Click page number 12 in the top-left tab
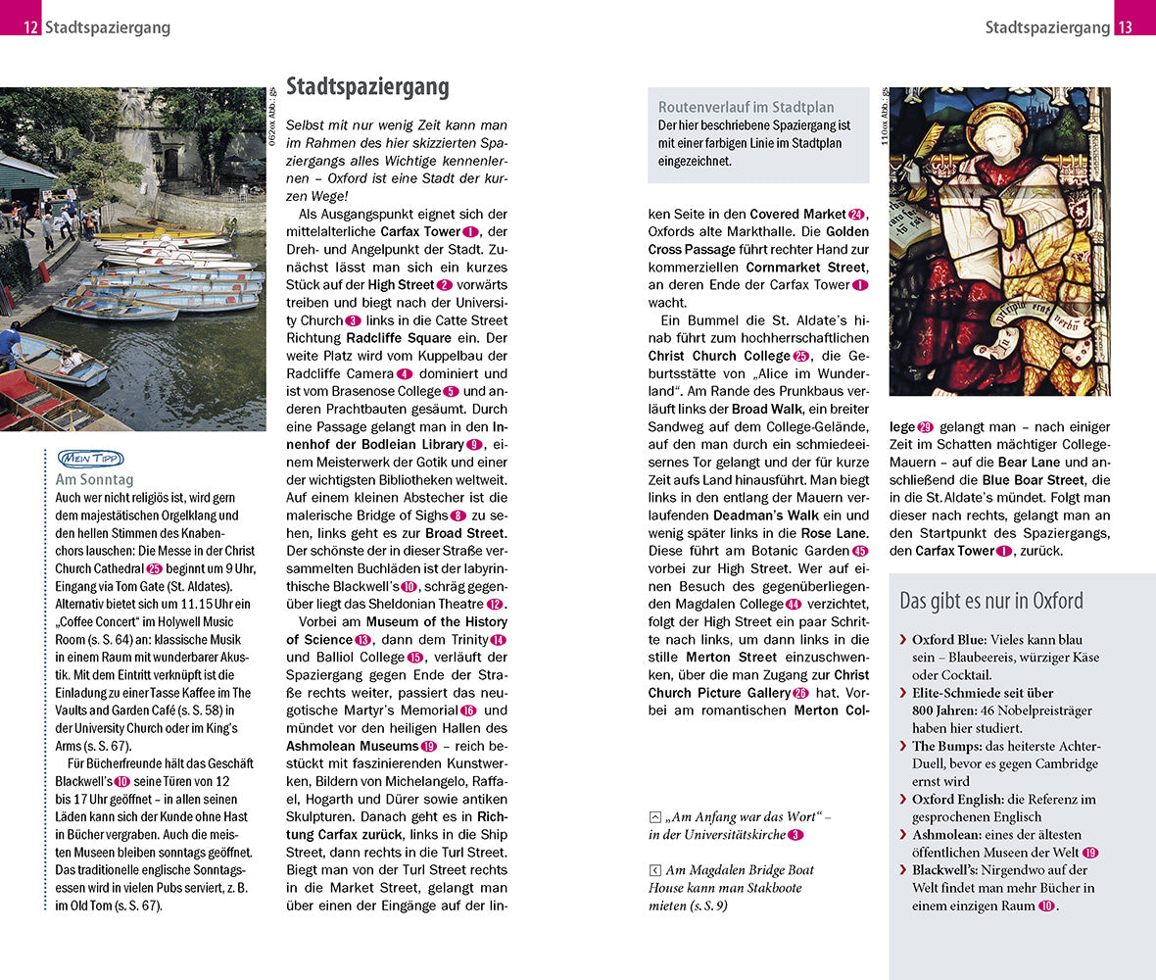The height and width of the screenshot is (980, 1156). point(31,27)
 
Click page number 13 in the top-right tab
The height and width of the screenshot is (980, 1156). point(1125,27)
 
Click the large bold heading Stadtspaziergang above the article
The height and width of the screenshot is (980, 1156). point(367,87)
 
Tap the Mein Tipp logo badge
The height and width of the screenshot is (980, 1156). point(91,459)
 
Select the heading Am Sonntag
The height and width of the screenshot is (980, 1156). point(95,480)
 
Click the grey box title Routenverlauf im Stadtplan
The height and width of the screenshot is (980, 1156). point(747,107)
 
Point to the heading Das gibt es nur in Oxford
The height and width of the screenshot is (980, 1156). point(991,601)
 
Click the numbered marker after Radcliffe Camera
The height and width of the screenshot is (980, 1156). point(405,373)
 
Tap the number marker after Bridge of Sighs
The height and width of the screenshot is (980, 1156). point(458,515)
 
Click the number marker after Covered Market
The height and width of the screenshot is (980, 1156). point(857,214)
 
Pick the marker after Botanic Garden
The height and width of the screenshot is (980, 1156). point(860,551)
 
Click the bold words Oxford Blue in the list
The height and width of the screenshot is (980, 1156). point(948,639)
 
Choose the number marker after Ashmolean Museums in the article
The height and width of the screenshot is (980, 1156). point(429,746)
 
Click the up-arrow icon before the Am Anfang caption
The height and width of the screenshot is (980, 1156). point(654,817)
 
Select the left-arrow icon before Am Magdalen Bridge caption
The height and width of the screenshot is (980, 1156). point(654,870)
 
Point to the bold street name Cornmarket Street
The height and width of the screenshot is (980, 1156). point(806,267)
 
